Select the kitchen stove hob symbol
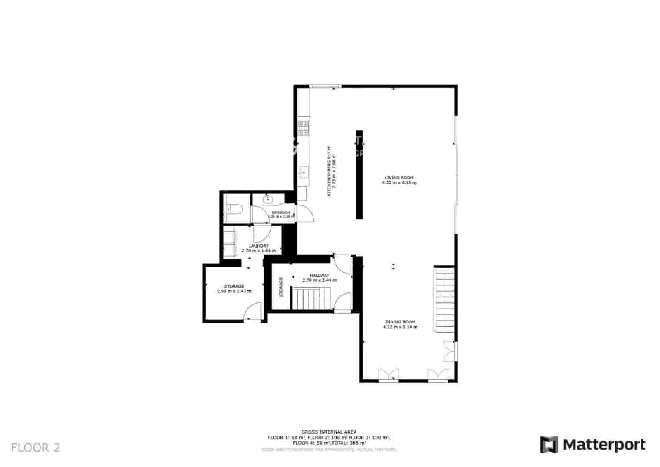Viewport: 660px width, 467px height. pyautogui.click(x=304, y=128)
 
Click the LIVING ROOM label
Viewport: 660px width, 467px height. pyautogui.click(x=399, y=177)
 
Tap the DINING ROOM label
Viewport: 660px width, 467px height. pyautogui.click(x=400, y=322)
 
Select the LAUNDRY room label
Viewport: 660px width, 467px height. pyautogui.click(x=259, y=246)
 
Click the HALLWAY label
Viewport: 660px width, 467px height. pyautogui.click(x=319, y=275)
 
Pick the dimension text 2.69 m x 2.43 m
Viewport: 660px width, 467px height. pyautogui.click(x=234, y=291)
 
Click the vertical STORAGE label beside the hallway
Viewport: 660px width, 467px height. pyautogui.click(x=281, y=287)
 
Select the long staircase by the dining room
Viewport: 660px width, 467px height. pyautogui.click(x=444, y=299)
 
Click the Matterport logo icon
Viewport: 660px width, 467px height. pyautogui.click(x=549, y=444)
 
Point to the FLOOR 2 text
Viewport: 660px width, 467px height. pyautogui.click(x=35, y=448)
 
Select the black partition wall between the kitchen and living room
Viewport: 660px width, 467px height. pyautogui.click(x=359, y=175)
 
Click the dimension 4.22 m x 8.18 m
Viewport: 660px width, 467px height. pyautogui.click(x=399, y=182)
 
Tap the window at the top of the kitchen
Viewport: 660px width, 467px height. pyautogui.click(x=325, y=86)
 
